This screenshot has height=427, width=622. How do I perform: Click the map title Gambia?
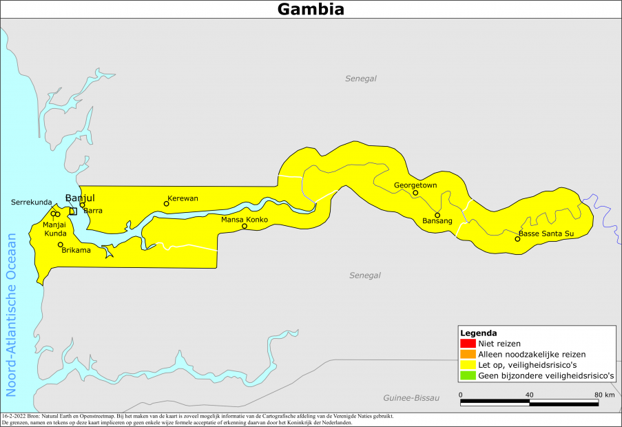[x=311, y=9]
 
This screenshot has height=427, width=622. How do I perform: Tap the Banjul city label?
[x=79, y=198]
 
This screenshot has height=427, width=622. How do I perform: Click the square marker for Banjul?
[x=73, y=211]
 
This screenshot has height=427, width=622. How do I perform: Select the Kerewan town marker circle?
[x=166, y=203]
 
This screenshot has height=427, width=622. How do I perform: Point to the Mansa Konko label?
[x=244, y=220]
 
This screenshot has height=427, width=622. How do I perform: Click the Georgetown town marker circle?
[x=415, y=193]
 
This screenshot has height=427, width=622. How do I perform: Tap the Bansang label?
[x=437, y=221]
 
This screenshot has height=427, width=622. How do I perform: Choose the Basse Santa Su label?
[x=546, y=234]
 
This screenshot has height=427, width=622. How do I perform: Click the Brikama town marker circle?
[x=61, y=244]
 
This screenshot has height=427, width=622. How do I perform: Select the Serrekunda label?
[x=32, y=202]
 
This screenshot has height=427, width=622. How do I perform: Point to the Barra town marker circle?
[x=82, y=205]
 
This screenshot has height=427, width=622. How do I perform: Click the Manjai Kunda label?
[x=55, y=229]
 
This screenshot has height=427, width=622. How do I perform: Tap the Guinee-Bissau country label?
[x=411, y=398]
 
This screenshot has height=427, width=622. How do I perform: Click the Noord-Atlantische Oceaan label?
[x=11, y=315]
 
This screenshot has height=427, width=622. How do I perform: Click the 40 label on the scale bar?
[x=529, y=395]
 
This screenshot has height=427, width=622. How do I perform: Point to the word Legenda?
[x=479, y=333]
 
